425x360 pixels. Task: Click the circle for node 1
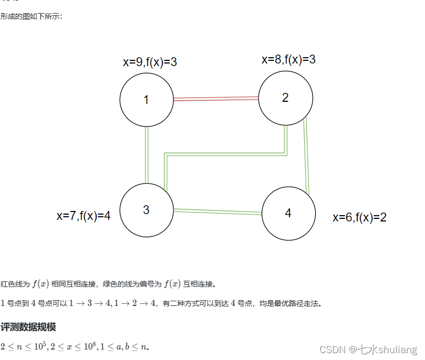click(x=147, y=100)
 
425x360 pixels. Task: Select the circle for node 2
click(x=286, y=98)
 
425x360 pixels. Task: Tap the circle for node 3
click(x=147, y=210)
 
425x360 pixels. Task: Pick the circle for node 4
click(x=288, y=213)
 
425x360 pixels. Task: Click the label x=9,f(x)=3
click(x=150, y=62)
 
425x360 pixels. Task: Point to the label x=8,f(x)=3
click(x=288, y=59)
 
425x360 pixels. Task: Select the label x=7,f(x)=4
click(x=84, y=216)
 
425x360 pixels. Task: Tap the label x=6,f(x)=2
click(x=359, y=217)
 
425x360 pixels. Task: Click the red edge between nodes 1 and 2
click(x=215, y=98)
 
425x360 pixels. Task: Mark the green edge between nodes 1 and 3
click(x=147, y=155)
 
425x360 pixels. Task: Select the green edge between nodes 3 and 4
click(x=217, y=211)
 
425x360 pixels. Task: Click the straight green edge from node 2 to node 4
click(x=307, y=156)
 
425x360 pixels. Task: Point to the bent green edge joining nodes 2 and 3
click(x=226, y=154)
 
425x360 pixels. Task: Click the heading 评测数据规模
click(x=28, y=327)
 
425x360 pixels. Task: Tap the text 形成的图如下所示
click(x=32, y=16)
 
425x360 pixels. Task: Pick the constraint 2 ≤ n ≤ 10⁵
click(x=24, y=346)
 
